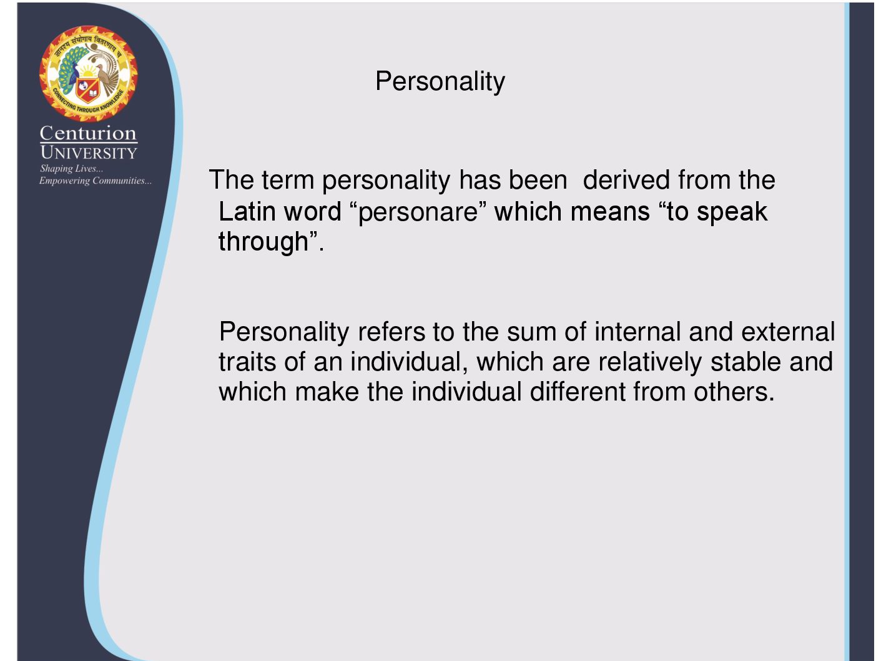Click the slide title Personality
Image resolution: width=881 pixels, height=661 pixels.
(x=440, y=82)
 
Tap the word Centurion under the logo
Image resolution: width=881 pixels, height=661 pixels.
(x=88, y=133)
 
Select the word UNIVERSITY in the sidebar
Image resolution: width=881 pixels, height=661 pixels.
(x=89, y=152)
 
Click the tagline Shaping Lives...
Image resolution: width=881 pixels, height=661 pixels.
(x=71, y=169)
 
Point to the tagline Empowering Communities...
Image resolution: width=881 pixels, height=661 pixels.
(x=96, y=181)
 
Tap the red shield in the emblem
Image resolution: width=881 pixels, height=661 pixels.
(x=88, y=89)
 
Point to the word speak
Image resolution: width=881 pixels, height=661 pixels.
(x=732, y=212)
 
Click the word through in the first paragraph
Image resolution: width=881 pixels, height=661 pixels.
(x=263, y=242)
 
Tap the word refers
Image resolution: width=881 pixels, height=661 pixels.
(x=391, y=332)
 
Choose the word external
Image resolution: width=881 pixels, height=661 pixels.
(x=788, y=332)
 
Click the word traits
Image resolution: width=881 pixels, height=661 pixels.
(x=247, y=362)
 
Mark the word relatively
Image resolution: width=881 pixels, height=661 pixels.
(x=650, y=362)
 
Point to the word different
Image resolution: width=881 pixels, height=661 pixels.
(x=578, y=392)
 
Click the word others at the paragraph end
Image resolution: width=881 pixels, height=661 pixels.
(x=734, y=392)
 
